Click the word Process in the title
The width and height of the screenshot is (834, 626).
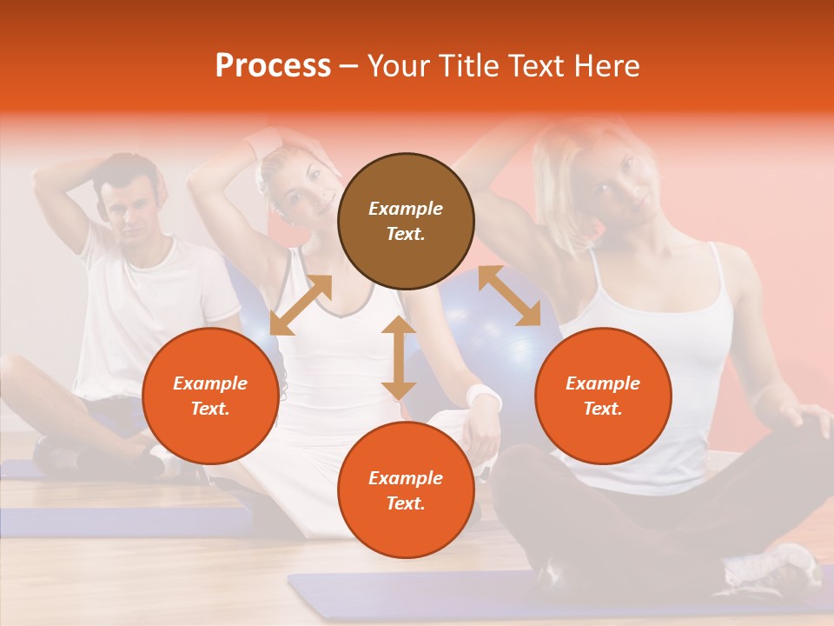[x=273, y=66]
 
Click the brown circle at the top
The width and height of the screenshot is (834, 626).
[x=406, y=221]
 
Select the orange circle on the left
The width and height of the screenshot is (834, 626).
[x=210, y=396]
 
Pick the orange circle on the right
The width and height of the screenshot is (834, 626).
[x=603, y=396]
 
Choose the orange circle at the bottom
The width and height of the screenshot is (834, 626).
[x=406, y=490]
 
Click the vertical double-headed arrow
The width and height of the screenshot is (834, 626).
[x=399, y=358]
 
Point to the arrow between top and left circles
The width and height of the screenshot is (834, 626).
[x=301, y=305]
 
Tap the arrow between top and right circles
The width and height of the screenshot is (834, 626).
[x=509, y=296]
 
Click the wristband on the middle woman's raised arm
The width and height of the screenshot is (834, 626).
[x=262, y=142]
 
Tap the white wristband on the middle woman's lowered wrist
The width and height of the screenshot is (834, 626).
[x=484, y=397]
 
